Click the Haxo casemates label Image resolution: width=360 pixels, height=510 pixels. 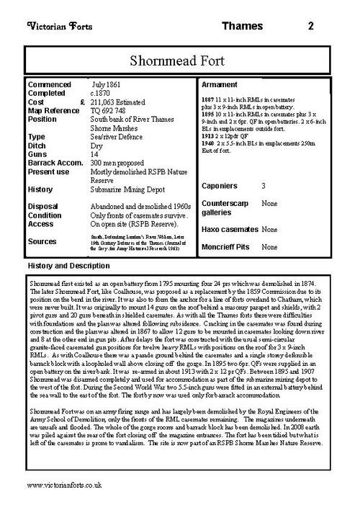click(x=228, y=229)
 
